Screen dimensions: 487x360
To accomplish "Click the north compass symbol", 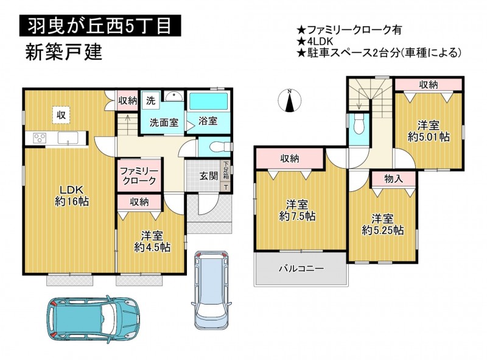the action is coord(290,100).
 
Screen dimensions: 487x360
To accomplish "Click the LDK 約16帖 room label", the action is coord(72,196).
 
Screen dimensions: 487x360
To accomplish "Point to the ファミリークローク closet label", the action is coord(139,175).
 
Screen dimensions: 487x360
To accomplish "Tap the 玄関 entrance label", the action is coord(208,176).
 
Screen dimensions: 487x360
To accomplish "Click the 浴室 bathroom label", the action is coord(208,121).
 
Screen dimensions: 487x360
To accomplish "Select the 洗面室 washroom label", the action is coord(164,122).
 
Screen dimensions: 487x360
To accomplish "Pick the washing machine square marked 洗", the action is coord(151,101).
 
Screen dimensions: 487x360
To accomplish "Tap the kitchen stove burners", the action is coord(40,138).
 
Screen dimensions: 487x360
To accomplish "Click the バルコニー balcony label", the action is coord(301,268).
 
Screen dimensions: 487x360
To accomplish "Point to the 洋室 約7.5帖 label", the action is coord(298,211).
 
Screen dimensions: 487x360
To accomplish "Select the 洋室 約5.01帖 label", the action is coord(429,131).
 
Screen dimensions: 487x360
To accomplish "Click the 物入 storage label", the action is coord(393,178).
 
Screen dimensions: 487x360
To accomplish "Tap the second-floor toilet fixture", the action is coord(359,124).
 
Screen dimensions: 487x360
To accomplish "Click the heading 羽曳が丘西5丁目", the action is coord(100,26).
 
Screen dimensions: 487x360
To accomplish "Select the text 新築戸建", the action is coord(64,52).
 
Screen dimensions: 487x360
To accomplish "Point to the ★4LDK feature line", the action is coord(315,41).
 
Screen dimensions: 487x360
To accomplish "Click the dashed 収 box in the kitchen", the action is coord(61,115).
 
